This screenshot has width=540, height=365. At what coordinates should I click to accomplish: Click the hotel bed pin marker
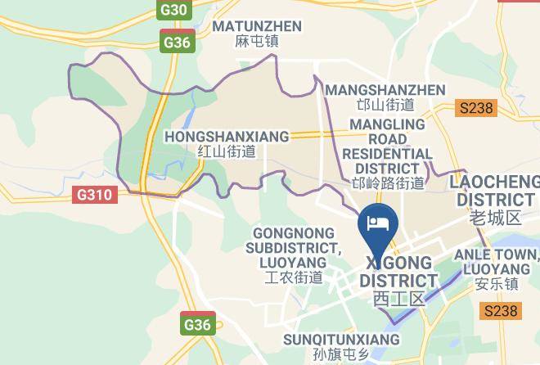point(377,223)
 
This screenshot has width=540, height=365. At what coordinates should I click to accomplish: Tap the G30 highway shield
point(173,11)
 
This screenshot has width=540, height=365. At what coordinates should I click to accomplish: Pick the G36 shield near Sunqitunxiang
point(196,325)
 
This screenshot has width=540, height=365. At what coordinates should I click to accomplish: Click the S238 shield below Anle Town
point(500,311)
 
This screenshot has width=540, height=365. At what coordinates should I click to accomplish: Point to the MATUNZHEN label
point(257,26)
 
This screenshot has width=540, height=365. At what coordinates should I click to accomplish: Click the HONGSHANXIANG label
point(227,136)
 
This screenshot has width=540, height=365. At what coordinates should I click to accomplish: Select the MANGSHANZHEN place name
point(385,90)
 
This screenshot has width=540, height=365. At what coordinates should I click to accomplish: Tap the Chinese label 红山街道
point(227,151)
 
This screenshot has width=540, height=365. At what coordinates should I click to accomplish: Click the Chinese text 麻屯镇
point(257,41)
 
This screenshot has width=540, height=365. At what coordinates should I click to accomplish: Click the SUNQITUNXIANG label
point(341,339)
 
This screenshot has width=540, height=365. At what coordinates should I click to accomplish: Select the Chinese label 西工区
point(398,299)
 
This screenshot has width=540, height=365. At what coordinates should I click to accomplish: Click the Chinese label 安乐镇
point(496,284)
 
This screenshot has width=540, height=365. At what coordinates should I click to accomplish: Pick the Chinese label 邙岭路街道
point(387,183)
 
